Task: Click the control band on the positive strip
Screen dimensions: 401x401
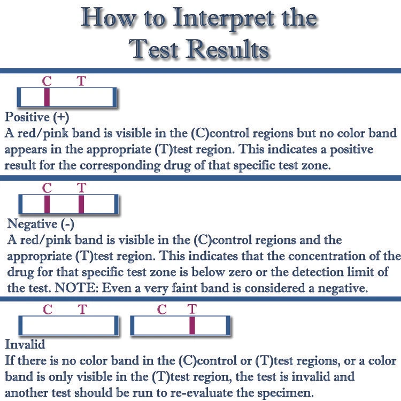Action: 47,97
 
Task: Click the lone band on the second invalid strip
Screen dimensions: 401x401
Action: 192,325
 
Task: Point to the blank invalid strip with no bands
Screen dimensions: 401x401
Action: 68,325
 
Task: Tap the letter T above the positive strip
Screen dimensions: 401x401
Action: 81,81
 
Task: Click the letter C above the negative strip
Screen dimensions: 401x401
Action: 47,188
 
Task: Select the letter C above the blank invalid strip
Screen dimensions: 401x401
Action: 47,309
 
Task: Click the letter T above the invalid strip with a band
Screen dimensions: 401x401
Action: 192,309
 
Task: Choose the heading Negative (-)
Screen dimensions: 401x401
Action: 40,224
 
